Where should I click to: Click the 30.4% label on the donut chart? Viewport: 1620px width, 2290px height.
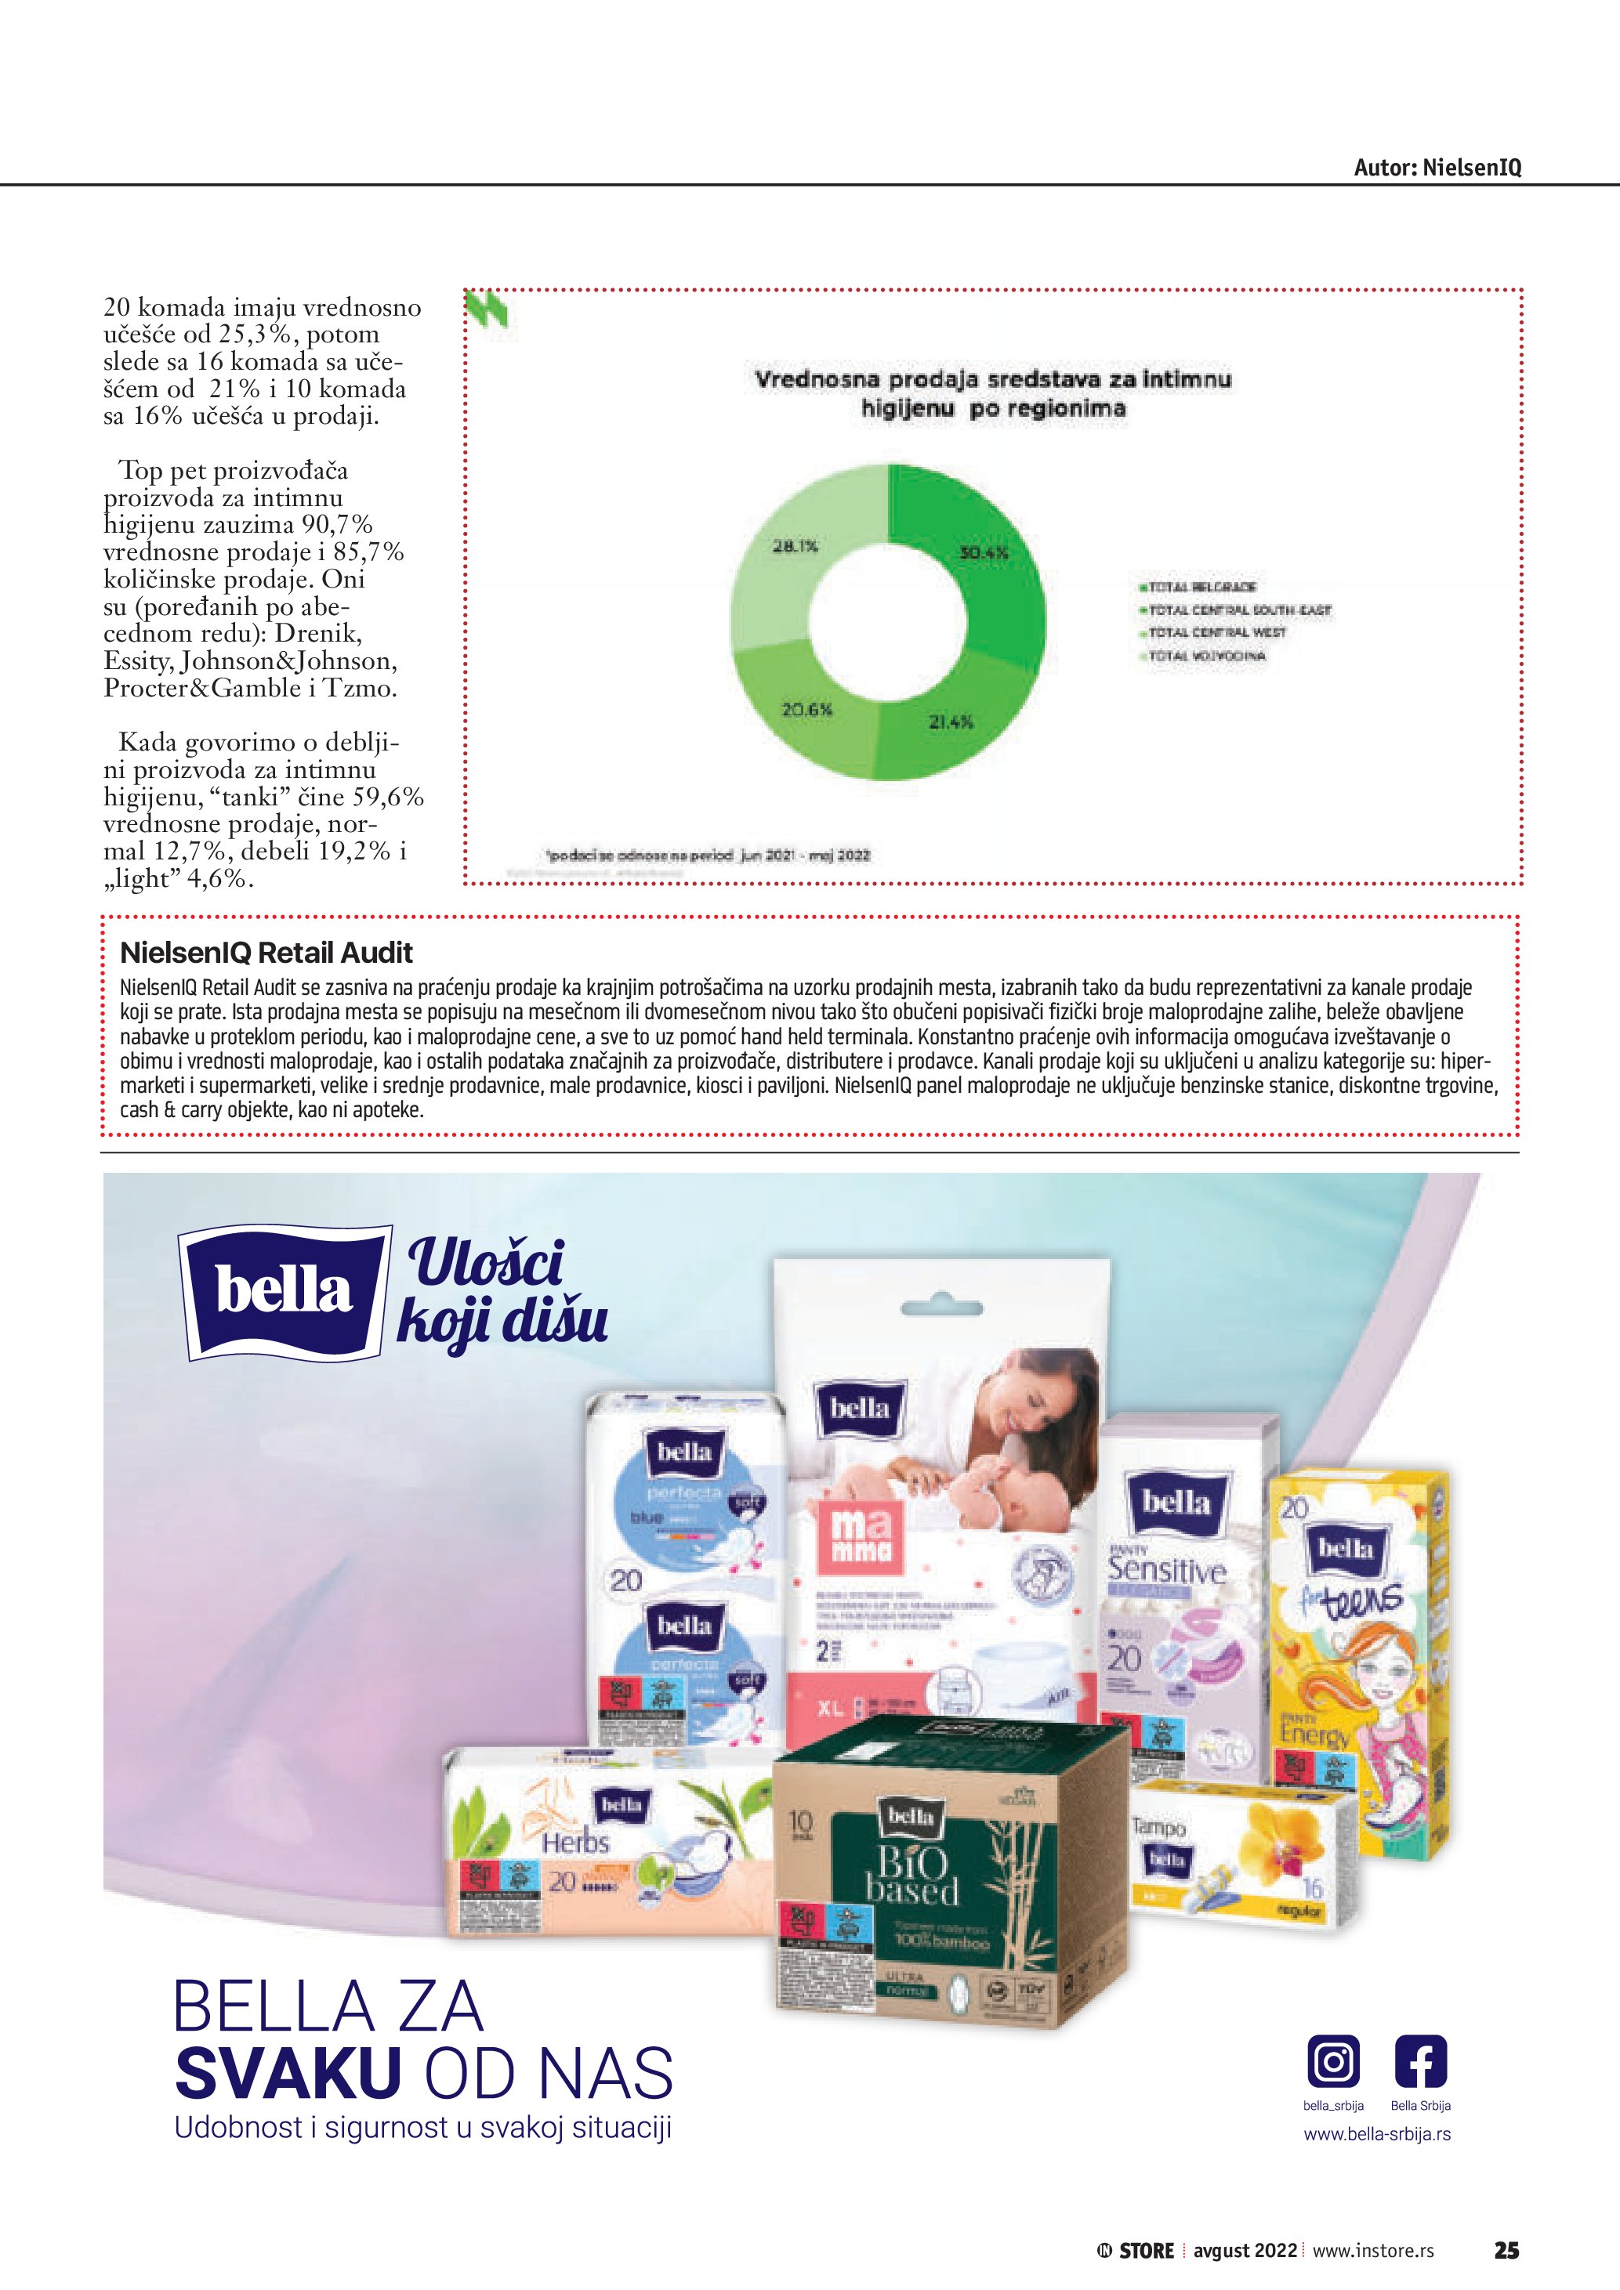pyautogui.click(x=984, y=552)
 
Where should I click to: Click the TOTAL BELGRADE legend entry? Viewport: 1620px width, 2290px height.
pyautogui.click(x=1201, y=588)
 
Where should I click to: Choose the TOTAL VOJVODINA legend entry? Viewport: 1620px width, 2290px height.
pyautogui.click(x=1206, y=657)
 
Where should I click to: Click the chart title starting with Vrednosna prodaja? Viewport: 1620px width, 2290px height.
pyautogui.click(x=992, y=393)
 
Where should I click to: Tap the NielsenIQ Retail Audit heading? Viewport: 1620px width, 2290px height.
pyautogui.click(x=266, y=953)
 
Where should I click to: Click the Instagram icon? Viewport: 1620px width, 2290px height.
pyautogui.click(x=1332, y=2061)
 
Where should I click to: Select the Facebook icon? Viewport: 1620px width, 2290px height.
pyautogui.click(x=1419, y=2061)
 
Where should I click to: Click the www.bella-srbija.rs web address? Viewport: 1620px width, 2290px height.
pyautogui.click(x=1376, y=2134)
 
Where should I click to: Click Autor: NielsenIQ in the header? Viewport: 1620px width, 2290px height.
pyautogui.click(x=1437, y=168)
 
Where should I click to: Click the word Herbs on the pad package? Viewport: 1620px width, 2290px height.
pyautogui.click(x=574, y=1841)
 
